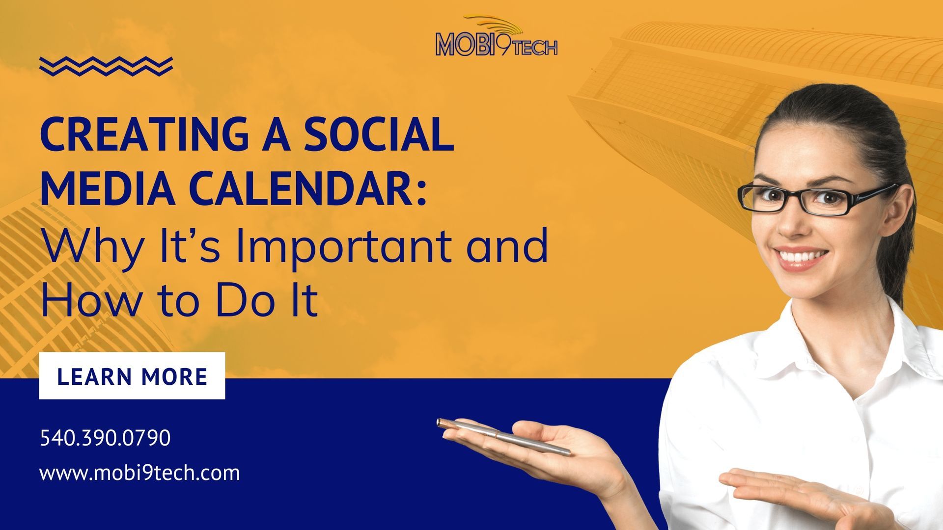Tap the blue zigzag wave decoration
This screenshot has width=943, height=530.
106,66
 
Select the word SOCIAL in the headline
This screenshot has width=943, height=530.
378,134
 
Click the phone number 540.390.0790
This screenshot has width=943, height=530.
105,438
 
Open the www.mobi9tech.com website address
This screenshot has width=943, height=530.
140,473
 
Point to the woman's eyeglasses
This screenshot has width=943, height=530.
818,199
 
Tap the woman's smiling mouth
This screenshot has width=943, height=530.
801,258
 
